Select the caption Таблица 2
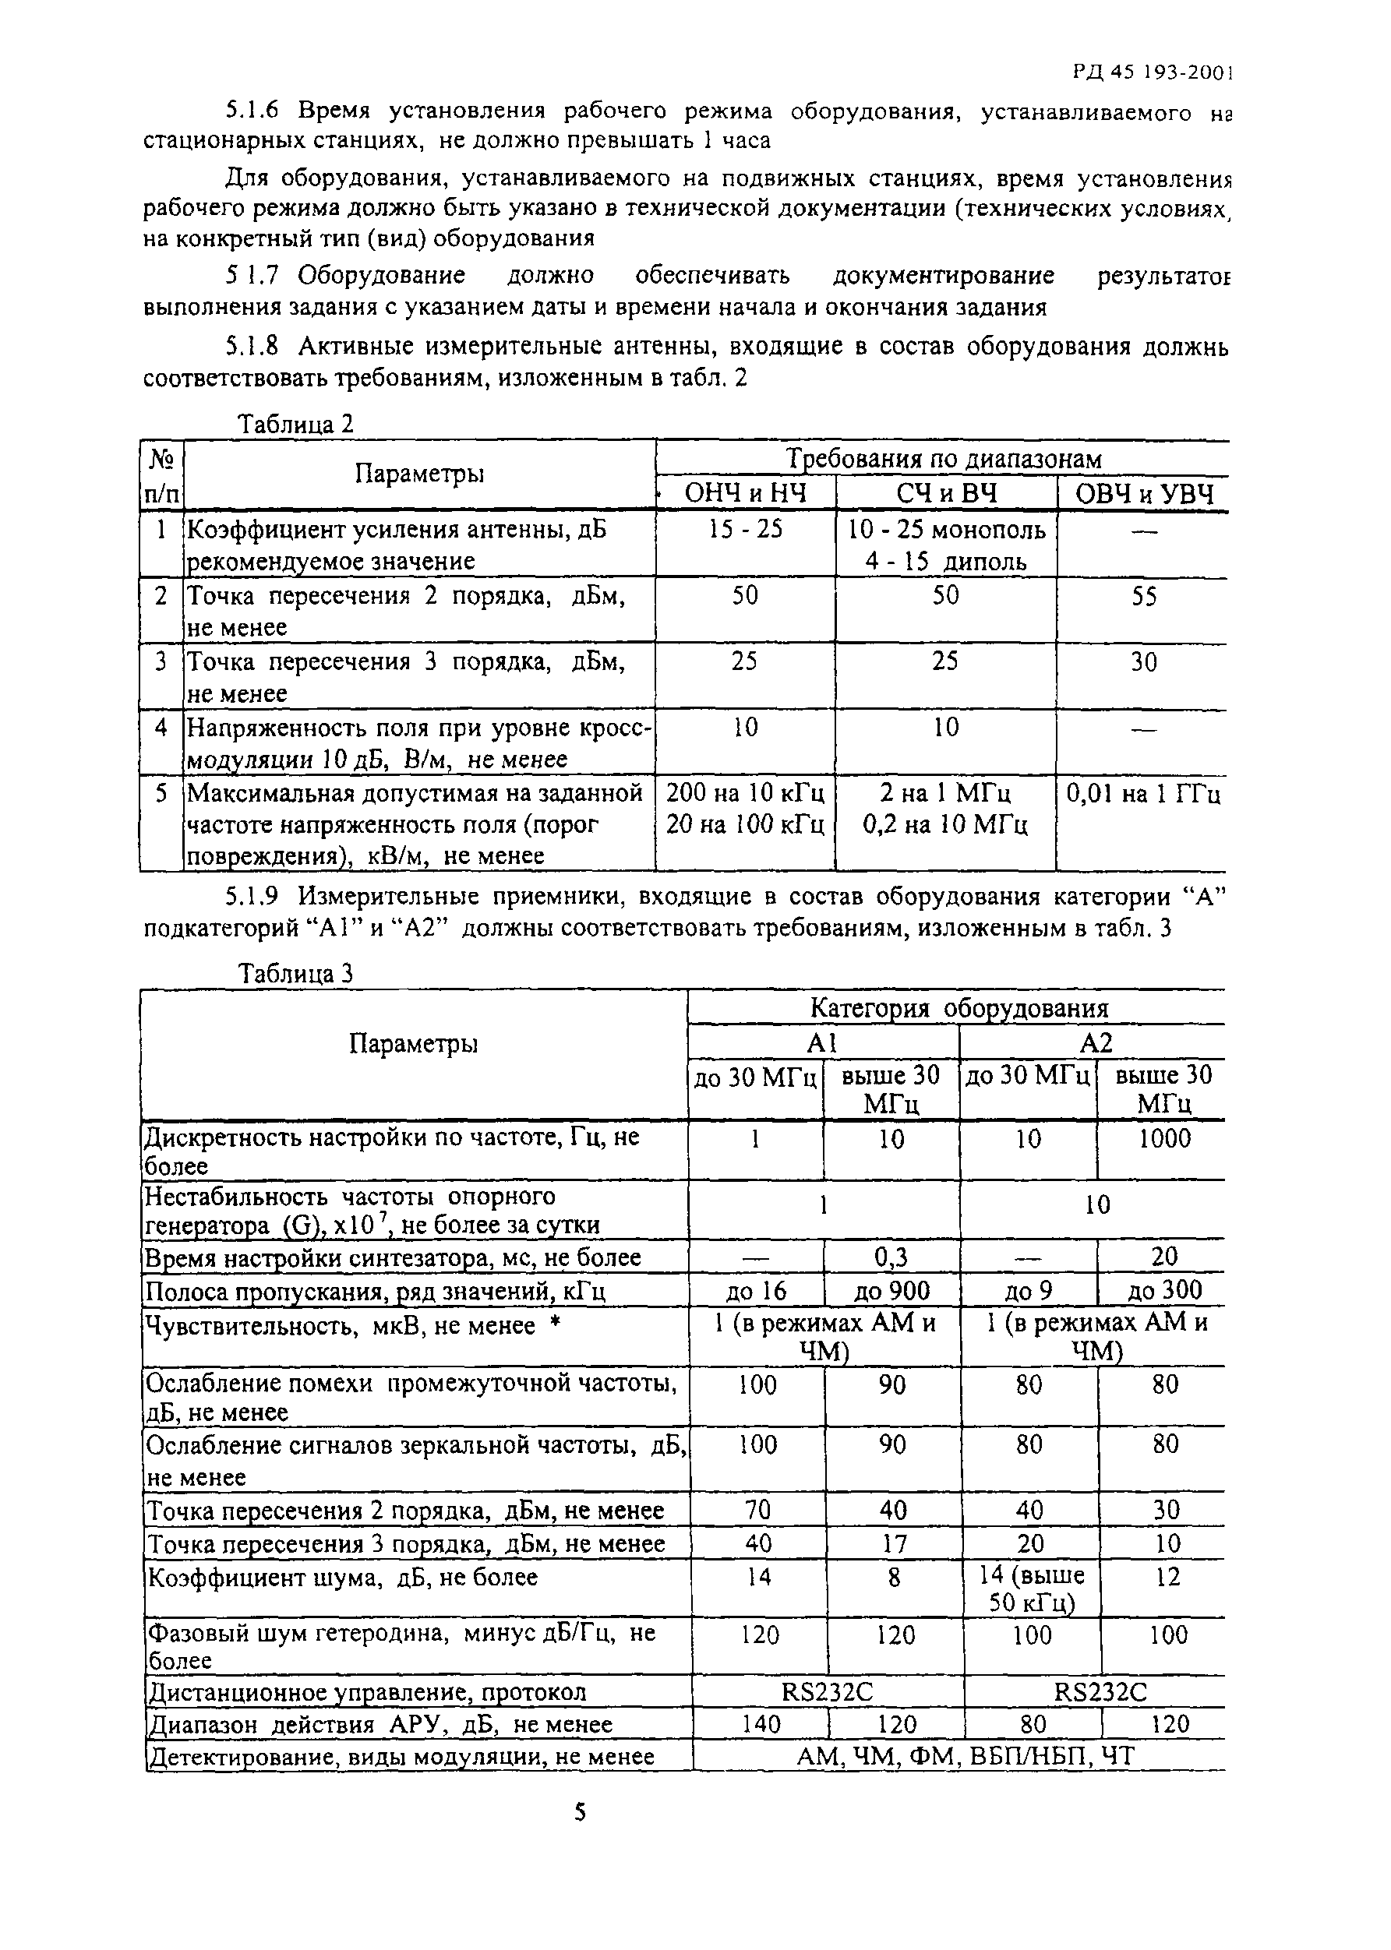tap(295, 424)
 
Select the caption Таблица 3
tap(295, 974)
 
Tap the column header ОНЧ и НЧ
tap(745, 494)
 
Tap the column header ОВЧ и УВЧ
tap(1143, 494)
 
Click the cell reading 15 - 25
tap(745, 530)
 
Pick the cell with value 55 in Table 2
tap(1143, 596)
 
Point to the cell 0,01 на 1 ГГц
tap(1143, 794)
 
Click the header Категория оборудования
tap(959, 1008)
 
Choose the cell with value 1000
tap(1164, 1138)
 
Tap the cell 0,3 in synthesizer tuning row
tap(891, 1257)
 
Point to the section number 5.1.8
tap(252, 346)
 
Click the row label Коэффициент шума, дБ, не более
tap(343, 1578)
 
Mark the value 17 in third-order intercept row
tap(892, 1543)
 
